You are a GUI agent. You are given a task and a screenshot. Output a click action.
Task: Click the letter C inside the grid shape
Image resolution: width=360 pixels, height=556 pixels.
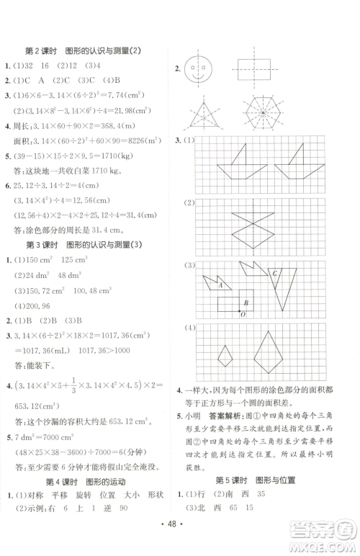pyautogui.click(x=274, y=294)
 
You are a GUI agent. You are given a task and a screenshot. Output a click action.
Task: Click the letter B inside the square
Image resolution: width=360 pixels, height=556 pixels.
pyautogui.click(x=247, y=302)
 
